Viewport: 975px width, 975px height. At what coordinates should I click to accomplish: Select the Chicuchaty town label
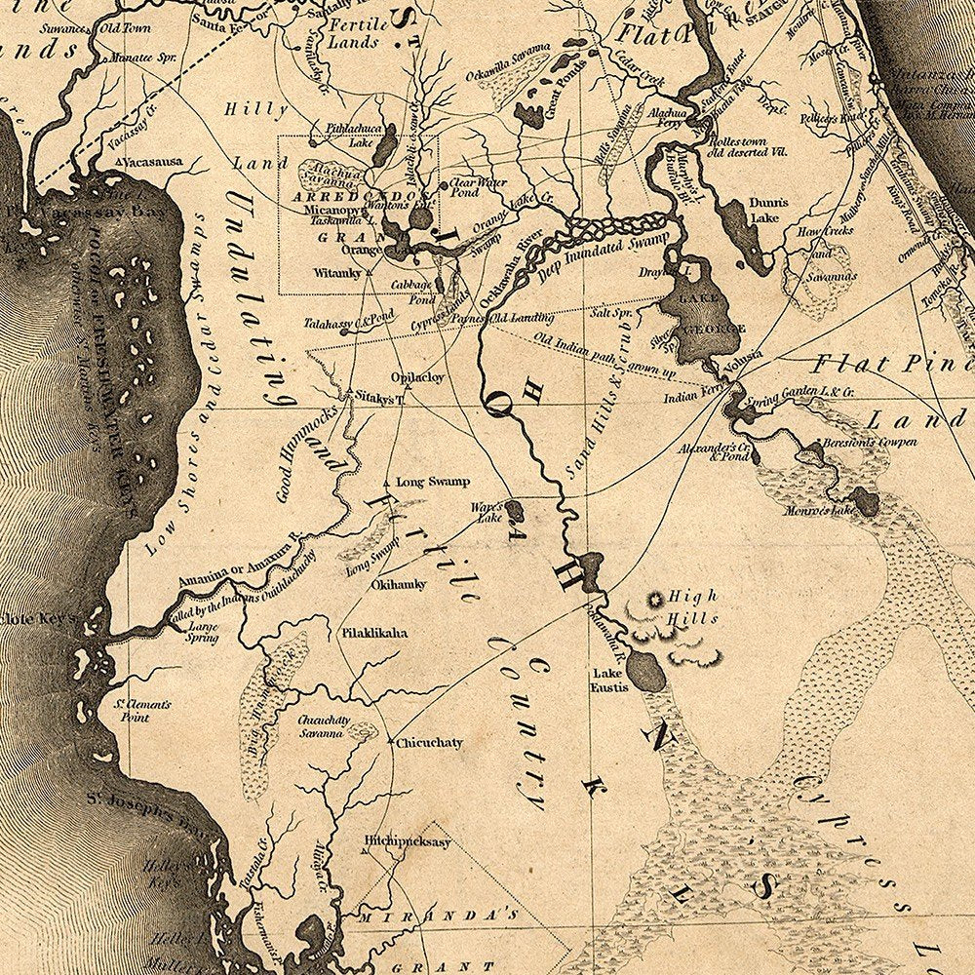click(x=429, y=743)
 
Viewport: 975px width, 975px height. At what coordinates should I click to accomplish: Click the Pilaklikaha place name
click(x=373, y=633)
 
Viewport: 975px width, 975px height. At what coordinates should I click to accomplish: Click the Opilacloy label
click(x=417, y=376)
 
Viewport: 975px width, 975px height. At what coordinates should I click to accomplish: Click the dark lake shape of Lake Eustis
click(x=643, y=670)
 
